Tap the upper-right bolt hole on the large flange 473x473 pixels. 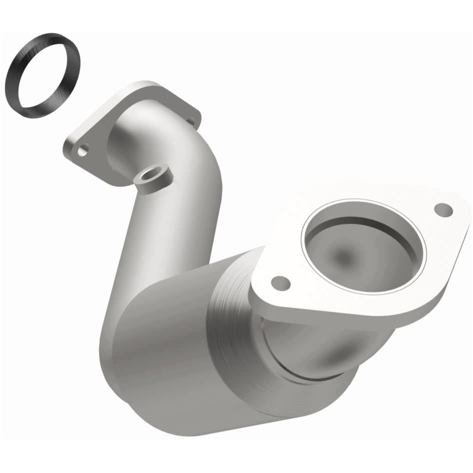[443, 209]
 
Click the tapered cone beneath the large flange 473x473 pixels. [319, 349]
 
